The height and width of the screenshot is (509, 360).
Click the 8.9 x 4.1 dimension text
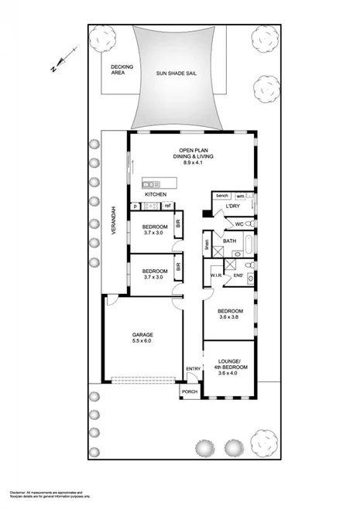pos(191,163)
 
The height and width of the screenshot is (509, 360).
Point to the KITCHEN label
pos(156,194)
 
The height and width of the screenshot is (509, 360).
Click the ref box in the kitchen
pos(166,206)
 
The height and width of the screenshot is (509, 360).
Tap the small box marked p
pos(135,206)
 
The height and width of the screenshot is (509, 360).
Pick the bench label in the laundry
pos(222,195)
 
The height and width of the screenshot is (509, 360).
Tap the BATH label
pos(229,241)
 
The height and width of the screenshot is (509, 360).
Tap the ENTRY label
pos(192,368)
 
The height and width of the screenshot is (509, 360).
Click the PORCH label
pos(190,392)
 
